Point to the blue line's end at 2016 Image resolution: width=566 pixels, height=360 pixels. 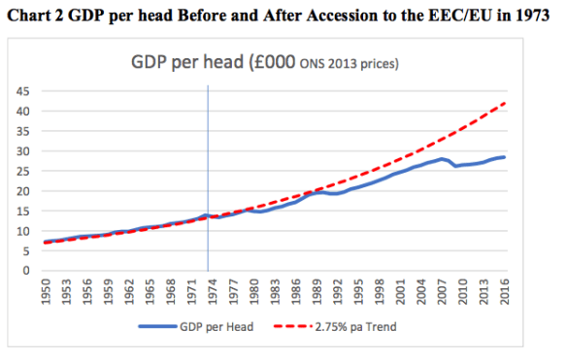(505, 157)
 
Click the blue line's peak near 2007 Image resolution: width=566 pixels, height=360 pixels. (442, 159)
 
